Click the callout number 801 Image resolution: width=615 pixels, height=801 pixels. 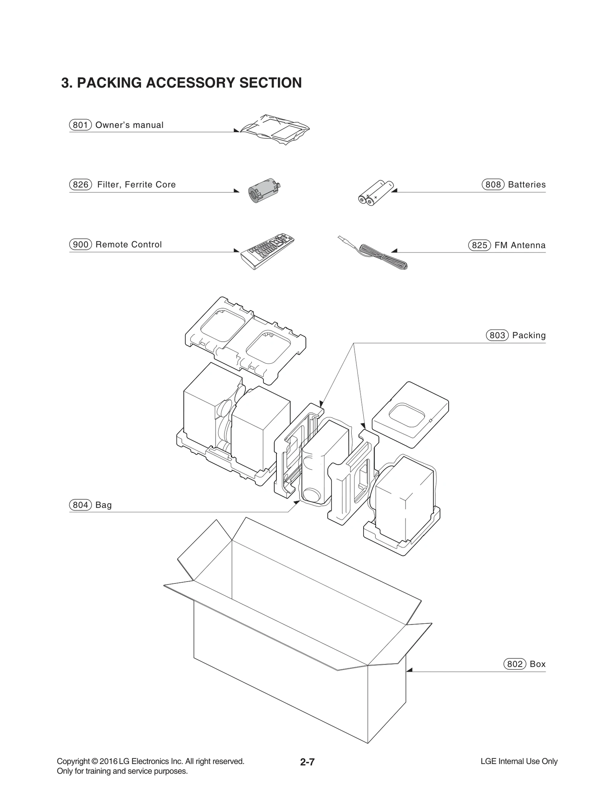coord(80,125)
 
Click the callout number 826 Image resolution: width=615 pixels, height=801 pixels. coord(80,184)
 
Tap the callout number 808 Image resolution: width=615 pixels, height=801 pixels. coord(493,184)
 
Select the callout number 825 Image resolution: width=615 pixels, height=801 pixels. coord(479,245)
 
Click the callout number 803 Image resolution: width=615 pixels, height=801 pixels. coord(497,335)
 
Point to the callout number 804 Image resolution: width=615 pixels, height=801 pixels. coord(80,505)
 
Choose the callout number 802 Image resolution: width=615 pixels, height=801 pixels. coord(515,664)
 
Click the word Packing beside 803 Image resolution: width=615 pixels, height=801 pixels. coord(529,335)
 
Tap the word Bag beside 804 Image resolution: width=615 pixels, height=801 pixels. coord(103,505)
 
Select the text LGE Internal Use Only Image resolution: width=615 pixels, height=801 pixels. coord(519,761)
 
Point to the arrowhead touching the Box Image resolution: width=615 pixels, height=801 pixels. coord(409,670)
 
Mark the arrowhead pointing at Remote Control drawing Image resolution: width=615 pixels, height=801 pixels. coord(236,251)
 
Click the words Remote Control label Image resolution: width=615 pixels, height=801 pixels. coord(128,244)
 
